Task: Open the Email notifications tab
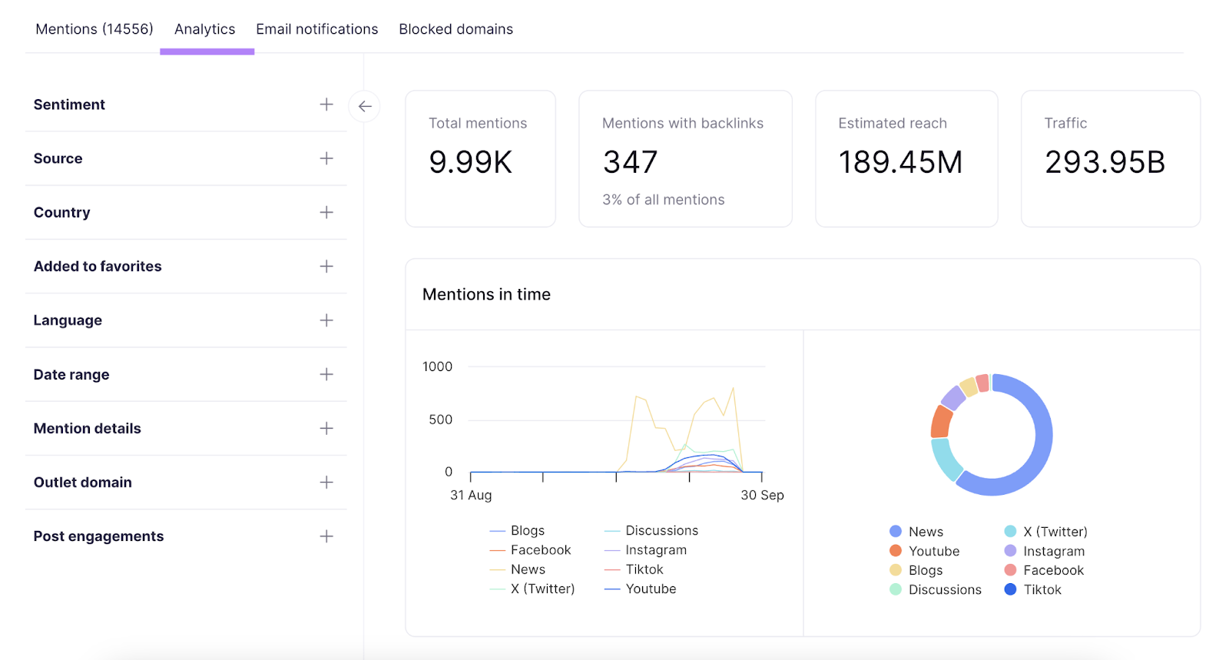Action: (316, 29)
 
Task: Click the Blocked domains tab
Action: (455, 29)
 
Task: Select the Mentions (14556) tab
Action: (94, 29)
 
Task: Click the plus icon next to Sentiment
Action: (326, 104)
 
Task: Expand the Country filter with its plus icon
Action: (326, 212)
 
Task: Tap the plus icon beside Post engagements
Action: (326, 536)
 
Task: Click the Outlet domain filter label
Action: (83, 483)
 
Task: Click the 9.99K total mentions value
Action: (470, 162)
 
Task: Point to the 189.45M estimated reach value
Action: (900, 162)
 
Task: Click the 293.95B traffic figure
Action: (1105, 162)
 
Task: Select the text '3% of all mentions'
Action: (663, 200)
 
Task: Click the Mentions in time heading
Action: (486, 294)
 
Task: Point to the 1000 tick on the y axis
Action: (437, 366)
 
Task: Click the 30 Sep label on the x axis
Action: (762, 496)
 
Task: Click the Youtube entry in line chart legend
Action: (651, 589)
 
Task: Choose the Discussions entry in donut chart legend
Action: (944, 590)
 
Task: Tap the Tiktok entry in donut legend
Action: (1042, 590)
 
